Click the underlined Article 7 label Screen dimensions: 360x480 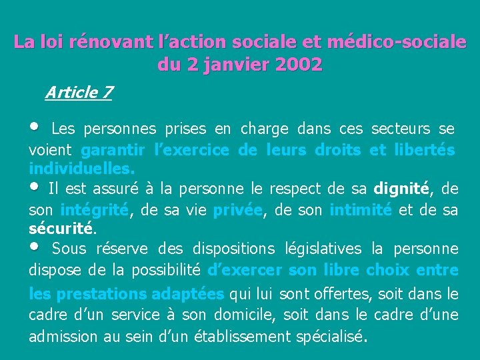click(79, 92)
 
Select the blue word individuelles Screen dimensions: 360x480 click(81, 169)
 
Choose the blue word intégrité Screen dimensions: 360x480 click(94, 209)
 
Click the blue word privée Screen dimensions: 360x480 click(237, 209)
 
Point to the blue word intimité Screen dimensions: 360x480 click(361, 209)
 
